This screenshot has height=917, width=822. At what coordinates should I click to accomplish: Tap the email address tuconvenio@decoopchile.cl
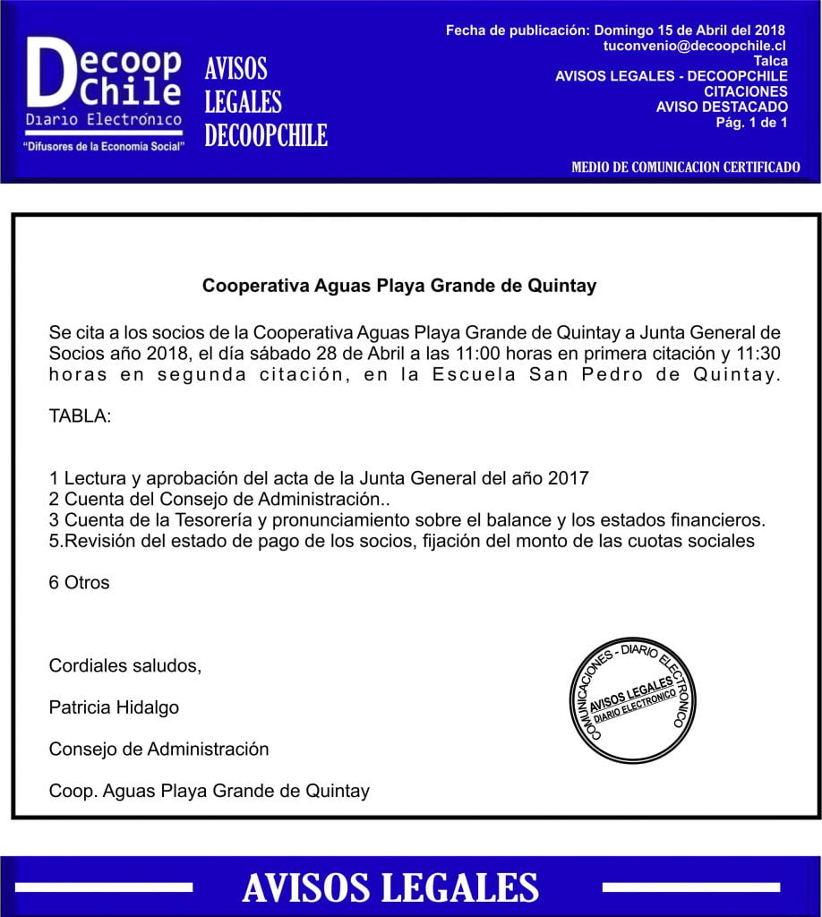pyautogui.click(x=696, y=45)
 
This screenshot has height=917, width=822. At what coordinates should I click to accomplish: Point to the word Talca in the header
pyautogui.click(x=771, y=61)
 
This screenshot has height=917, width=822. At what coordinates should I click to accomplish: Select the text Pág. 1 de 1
pyautogui.click(x=751, y=122)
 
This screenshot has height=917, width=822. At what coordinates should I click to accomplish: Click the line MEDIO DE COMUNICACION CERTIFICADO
pyautogui.click(x=685, y=167)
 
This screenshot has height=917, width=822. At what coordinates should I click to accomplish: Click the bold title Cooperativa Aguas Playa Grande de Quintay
pyautogui.click(x=399, y=287)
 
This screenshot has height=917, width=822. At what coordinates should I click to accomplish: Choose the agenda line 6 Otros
pyautogui.click(x=80, y=582)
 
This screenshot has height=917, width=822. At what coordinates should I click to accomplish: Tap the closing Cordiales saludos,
pyautogui.click(x=125, y=665)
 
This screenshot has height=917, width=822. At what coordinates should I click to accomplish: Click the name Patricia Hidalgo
pyautogui.click(x=114, y=707)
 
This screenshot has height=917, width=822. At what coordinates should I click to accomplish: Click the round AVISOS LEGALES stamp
pyautogui.click(x=632, y=700)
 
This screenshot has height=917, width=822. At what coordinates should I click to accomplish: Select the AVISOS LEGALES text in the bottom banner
pyautogui.click(x=390, y=887)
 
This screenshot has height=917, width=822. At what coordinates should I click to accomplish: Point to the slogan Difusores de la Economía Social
pyautogui.click(x=105, y=145)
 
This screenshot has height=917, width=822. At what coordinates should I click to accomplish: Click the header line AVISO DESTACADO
pyautogui.click(x=722, y=107)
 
